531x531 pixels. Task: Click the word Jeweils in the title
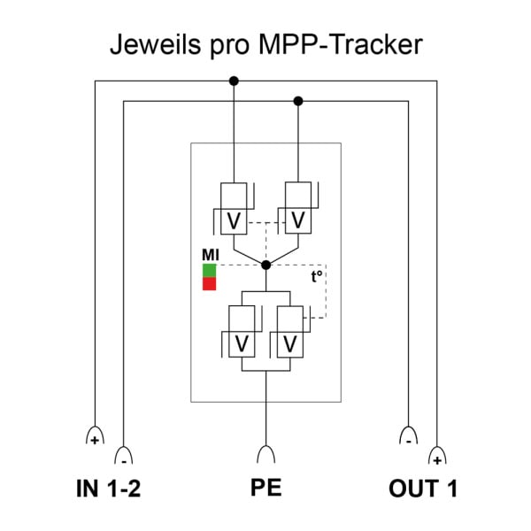point(155,44)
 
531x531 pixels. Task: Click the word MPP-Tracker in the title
point(340,44)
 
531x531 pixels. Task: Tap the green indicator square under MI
point(209,271)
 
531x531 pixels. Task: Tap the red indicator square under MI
point(209,284)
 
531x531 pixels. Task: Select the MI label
point(211,255)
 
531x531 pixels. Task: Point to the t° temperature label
point(317,276)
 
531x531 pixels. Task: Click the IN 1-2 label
point(108,489)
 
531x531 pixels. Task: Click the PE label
point(265,488)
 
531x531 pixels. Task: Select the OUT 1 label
point(423,489)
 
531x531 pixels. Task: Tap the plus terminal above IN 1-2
point(96,435)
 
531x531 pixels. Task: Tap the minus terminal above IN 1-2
point(124,456)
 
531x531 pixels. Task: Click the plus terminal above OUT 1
point(437,456)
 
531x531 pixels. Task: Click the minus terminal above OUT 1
point(408,435)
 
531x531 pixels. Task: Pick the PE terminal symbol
point(266,455)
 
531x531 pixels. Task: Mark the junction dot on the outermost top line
point(234,81)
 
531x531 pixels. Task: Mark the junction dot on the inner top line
point(298,101)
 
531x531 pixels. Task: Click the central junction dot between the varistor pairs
point(265,265)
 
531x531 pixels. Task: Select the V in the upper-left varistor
point(234,221)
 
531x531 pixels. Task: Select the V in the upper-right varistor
point(298,220)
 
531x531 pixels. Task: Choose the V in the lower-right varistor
point(290,344)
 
